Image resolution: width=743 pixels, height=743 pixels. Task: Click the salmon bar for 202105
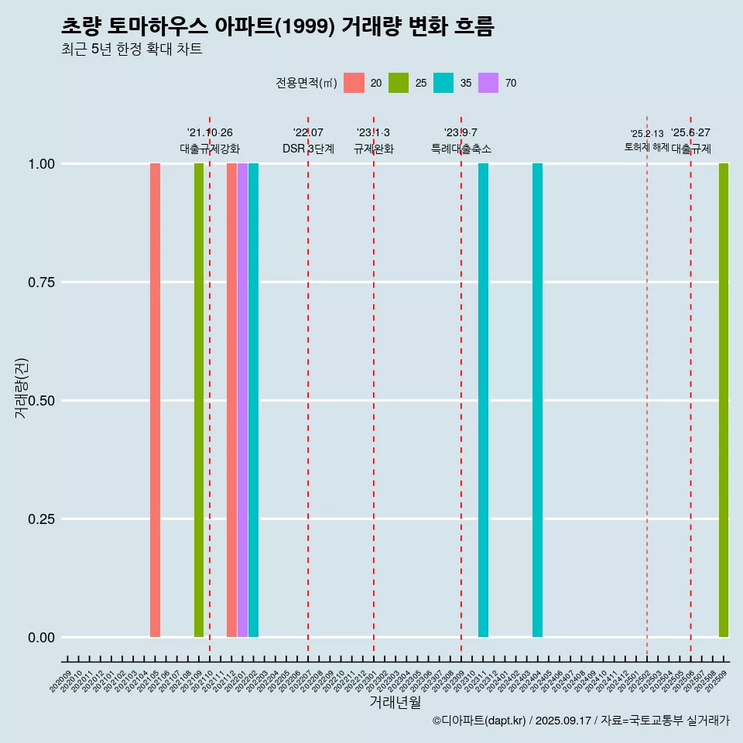tap(155, 400)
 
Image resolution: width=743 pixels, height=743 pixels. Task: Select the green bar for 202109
tap(199, 400)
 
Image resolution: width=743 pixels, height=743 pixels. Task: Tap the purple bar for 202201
tap(242, 400)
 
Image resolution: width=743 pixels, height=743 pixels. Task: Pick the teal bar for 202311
tap(483, 400)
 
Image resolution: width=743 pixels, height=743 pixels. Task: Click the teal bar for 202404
tap(537, 400)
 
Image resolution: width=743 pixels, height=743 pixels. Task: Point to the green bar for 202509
tap(724, 400)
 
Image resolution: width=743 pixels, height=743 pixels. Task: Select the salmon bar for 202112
tap(231, 400)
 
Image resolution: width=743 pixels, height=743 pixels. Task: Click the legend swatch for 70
tap(488, 83)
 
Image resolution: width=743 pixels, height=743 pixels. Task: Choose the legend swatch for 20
tap(354, 83)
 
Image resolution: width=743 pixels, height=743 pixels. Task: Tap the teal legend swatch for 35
tap(443, 83)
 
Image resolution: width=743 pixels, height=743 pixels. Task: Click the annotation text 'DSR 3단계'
tap(308, 149)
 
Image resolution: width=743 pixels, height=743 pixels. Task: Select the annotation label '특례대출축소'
tap(461, 149)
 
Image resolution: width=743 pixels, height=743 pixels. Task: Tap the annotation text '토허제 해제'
tap(646, 147)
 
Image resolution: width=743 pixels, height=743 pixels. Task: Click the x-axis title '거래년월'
tap(395, 702)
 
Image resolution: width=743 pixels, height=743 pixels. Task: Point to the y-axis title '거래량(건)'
tap(22, 387)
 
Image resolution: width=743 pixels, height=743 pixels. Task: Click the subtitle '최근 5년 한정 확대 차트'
tap(132, 50)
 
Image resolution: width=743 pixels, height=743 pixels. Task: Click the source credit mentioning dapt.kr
tap(580, 721)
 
